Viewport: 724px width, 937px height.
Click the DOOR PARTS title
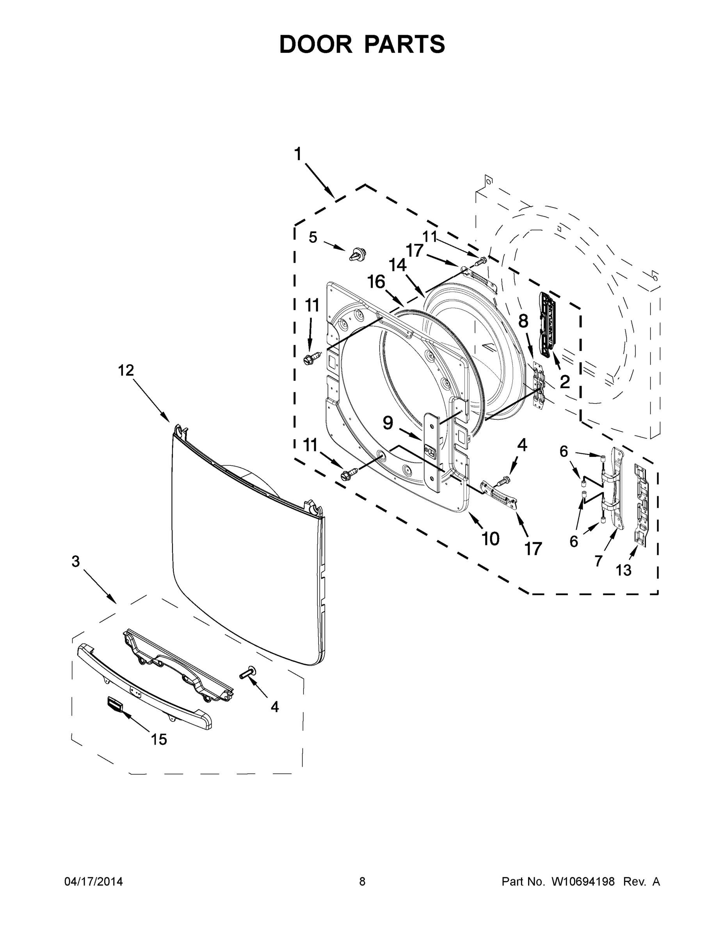(x=362, y=44)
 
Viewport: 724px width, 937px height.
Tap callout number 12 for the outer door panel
(x=126, y=370)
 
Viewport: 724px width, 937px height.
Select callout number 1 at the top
(x=298, y=154)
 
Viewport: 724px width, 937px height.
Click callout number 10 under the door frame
(x=490, y=538)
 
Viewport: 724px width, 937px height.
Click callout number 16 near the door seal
(x=376, y=282)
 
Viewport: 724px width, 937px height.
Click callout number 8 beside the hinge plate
(x=523, y=321)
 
